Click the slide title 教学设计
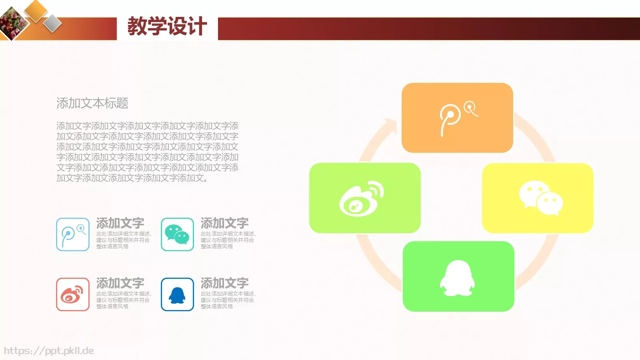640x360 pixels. [167, 26]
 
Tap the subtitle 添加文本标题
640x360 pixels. [92, 103]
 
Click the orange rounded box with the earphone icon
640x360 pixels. [457, 118]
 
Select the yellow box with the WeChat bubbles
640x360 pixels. [538, 198]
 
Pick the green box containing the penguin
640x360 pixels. [458, 276]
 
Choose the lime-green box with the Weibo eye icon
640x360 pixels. [365, 198]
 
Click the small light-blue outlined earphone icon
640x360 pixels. [73, 234]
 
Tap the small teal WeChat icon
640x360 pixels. [177, 234]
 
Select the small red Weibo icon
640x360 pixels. [73, 294]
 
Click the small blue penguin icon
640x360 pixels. [177, 294]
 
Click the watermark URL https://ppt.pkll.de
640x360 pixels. [49, 351]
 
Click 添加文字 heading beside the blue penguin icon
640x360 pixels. [224, 283]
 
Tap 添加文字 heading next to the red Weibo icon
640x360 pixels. [120, 283]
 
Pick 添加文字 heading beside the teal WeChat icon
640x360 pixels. [224, 223]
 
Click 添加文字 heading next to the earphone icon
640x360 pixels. [120, 223]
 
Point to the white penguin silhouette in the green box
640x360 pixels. [458, 278]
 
